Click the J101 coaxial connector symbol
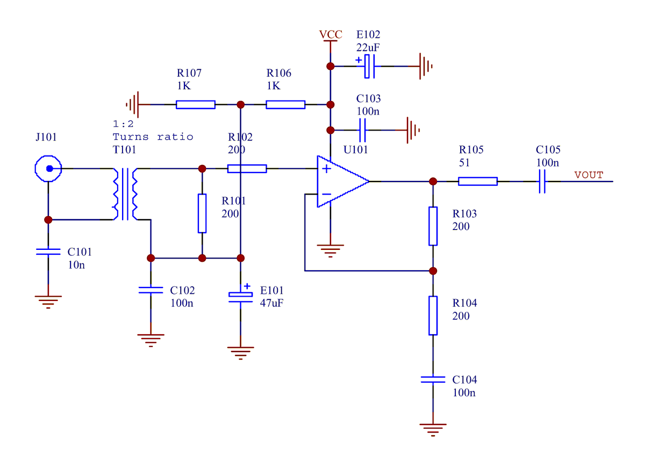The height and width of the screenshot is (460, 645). coord(48,169)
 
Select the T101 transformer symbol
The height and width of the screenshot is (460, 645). coord(125,193)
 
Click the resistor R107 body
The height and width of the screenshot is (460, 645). coord(196,105)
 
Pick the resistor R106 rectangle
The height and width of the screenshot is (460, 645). coord(285,105)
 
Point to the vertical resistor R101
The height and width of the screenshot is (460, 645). coord(202,213)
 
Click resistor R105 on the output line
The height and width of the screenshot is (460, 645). coord(477,182)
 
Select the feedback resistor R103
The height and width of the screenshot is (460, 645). coord(433,226)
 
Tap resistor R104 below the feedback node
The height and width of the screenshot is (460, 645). coord(433,315)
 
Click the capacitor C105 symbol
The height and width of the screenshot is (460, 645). coord(542,182)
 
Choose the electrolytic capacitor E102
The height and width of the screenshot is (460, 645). coord(369,66)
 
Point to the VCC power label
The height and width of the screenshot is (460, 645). coord(331,35)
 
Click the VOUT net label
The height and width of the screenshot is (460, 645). coord(589,175)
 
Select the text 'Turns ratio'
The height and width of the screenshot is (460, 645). coord(153,136)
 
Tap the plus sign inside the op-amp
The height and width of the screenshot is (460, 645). coord(326,169)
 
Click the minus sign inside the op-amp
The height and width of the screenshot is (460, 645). coord(326,194)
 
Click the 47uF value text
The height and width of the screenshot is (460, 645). coord(271,303)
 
